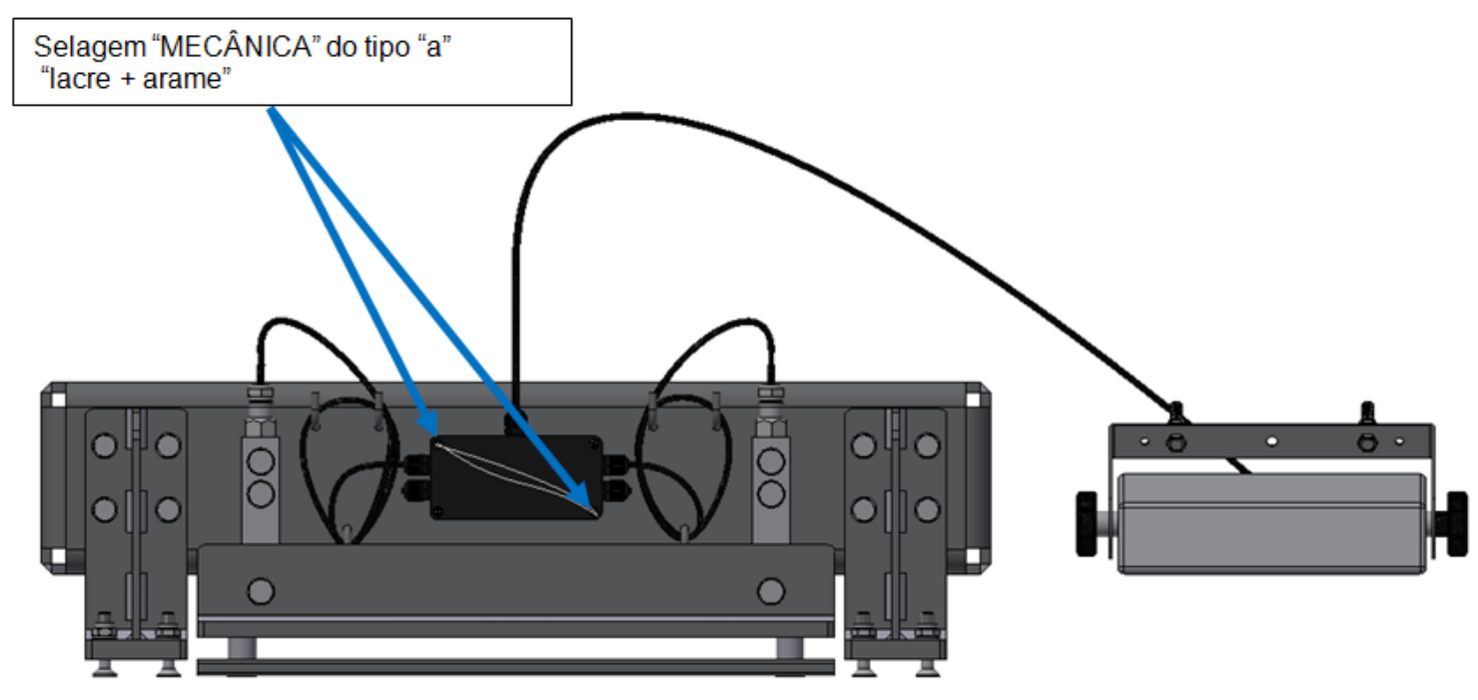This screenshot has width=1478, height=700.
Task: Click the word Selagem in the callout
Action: pyautogui.click(x=90, y=48)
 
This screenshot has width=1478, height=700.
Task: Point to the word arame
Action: pyautogui.click(x=182, y=79)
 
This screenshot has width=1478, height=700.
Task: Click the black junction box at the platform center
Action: pyautogui.click(x=516, y=476)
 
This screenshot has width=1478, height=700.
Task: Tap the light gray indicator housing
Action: pyautogui.click(x=1271, y=523)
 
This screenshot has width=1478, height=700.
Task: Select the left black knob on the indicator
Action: pyautogui.click(x=1087, y=524)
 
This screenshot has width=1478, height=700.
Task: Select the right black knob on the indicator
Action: pyautogui.click(x=1457, y=524)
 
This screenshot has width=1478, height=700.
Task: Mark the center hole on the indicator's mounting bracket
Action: pyautogui.click(x=1271, y=440)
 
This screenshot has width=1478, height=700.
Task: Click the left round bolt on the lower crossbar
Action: pyautogui.click(x=261, y=591)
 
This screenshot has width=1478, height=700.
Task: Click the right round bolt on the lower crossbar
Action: pyautogui.click(x=771, y=591)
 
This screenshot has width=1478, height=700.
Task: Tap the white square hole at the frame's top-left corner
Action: pyautogui.click(x=58, y=399)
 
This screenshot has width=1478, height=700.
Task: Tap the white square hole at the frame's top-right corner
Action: pyautogui.click(x=974, y=399)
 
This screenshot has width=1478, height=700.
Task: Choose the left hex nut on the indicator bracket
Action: pyautogui.click(x=1175, y=441)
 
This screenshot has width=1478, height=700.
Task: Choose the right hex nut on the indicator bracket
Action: pyautogui.click(x=1367, y=441)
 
